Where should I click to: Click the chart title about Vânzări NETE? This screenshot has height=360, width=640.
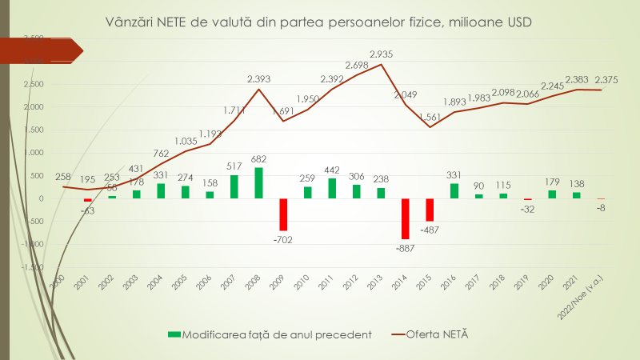[319, 23]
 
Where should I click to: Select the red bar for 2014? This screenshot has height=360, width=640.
[405, 218]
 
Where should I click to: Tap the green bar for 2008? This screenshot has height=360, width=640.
[258, 182]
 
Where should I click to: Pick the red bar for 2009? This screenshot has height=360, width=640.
[283, 214]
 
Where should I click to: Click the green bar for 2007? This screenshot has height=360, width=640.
[234, 186]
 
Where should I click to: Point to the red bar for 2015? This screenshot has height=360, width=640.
[430, 209]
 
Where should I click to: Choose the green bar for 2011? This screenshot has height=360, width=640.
[332, 188]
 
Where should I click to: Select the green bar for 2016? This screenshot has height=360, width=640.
[454, 190]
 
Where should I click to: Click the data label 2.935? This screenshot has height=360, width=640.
[380, 54]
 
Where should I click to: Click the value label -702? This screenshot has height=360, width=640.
[283, 238]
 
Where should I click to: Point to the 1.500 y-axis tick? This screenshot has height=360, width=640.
[34, 130]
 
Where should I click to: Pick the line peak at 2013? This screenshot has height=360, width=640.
[381, 64]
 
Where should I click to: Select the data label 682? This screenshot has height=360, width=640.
[258, 159]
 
